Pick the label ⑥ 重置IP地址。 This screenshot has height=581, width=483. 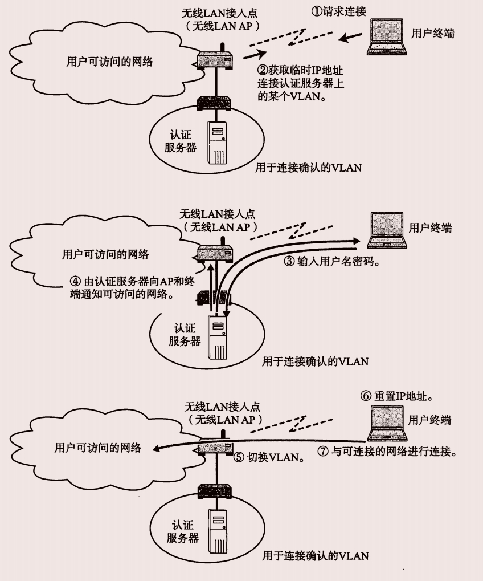(402, 396)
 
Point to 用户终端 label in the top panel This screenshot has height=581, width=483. (433, 33)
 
